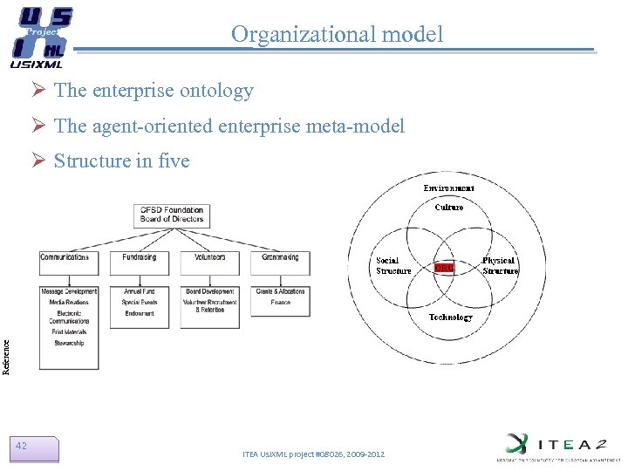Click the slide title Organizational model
point(337,34)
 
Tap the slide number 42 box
point(36,447)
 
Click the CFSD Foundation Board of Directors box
point(171,215)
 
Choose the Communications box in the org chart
point(69,257)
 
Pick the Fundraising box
point(140,257)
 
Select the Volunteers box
point(209,257)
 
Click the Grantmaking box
point(280,257)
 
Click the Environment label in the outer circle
point(449,188)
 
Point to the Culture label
point(449,208)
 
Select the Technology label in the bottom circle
point(450,317)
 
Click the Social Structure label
point(393,266)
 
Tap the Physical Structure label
point(500,266)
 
